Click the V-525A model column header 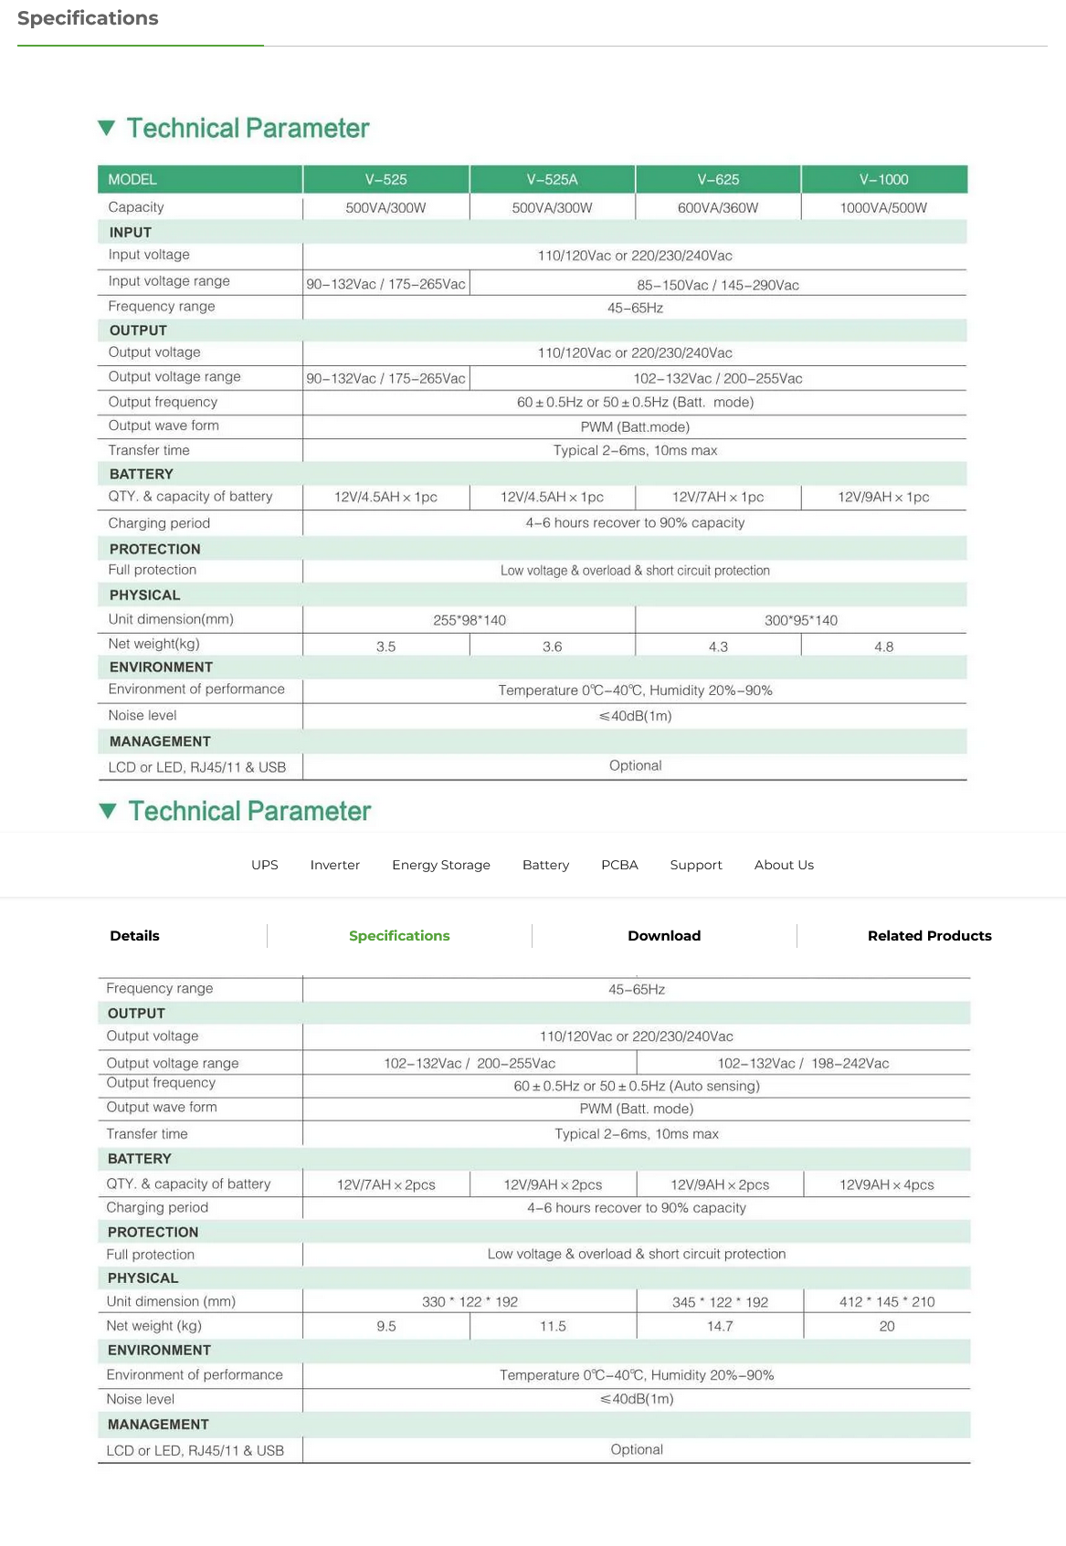click(552, 179)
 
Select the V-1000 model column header click(883, 179)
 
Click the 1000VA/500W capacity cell click(883, 208)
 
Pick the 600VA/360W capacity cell click(718, 208)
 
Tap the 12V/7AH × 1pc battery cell click(718, 497)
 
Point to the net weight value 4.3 click(718, 647)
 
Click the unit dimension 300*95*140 click(801, 620)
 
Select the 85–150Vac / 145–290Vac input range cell click(718, 285)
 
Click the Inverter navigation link click(335, 865)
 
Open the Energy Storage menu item click(441, 865)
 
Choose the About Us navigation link click(784, 865)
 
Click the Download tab click(664, 935)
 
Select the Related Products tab click(929, 935)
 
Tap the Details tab click(134, 935)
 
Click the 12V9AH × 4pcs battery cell click(887, 1184)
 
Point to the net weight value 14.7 click(720, 1326)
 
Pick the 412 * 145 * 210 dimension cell click(887, 1301)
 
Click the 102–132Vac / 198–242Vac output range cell click(803, 1063)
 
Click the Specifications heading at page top click(88, 18)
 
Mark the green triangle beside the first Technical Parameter click(107, 128)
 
